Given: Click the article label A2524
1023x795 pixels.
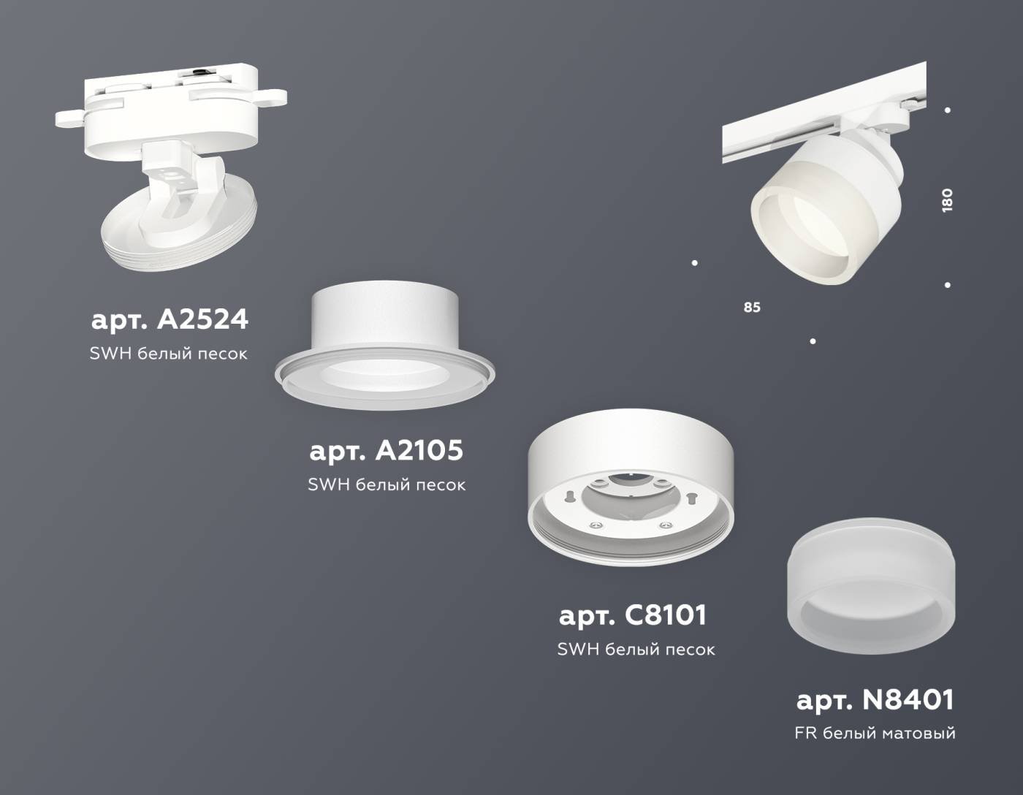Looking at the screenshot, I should click(170, 319).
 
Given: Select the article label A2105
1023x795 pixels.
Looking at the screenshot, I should click(386, 450).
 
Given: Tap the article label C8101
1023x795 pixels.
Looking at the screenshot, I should click(633, 615).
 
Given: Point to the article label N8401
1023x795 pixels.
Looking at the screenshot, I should click(875, 700).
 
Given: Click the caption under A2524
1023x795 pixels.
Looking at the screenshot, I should click(169, 354).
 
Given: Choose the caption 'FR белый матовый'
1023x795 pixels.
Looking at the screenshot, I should click(875, 733).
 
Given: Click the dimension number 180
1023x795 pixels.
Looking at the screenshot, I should click(947, 200).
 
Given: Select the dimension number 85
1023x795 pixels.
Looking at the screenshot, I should click(752, 308).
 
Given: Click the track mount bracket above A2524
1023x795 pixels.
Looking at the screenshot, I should click(171, 106).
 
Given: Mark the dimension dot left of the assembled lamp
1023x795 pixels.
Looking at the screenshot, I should click(694, 263).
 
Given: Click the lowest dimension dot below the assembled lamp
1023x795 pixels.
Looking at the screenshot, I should click(813, 341).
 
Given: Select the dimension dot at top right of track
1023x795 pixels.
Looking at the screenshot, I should click(948, 110).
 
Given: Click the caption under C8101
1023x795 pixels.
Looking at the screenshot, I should click(636, 649).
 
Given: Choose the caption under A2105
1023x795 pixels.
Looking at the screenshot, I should click(387, 484).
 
